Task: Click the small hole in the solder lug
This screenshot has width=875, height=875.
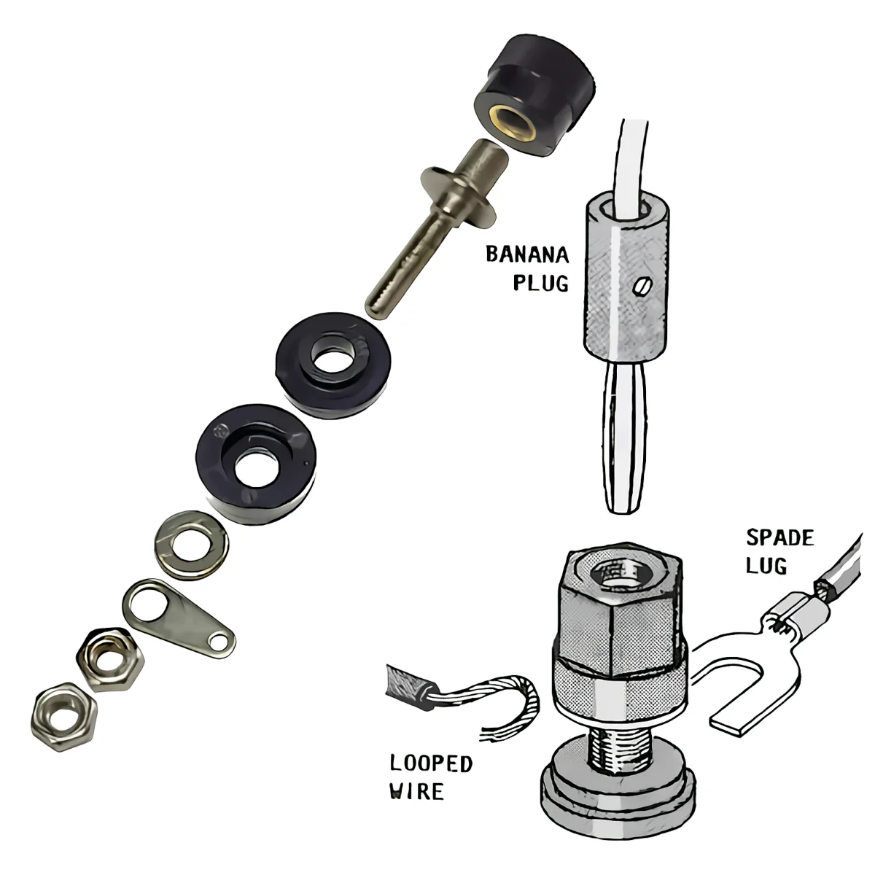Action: pos(217,641)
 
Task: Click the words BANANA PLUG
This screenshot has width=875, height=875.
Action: pos(527,268)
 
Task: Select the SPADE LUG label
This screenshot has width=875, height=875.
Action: pos(778,551)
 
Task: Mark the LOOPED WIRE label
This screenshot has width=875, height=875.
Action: pos(430,777)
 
